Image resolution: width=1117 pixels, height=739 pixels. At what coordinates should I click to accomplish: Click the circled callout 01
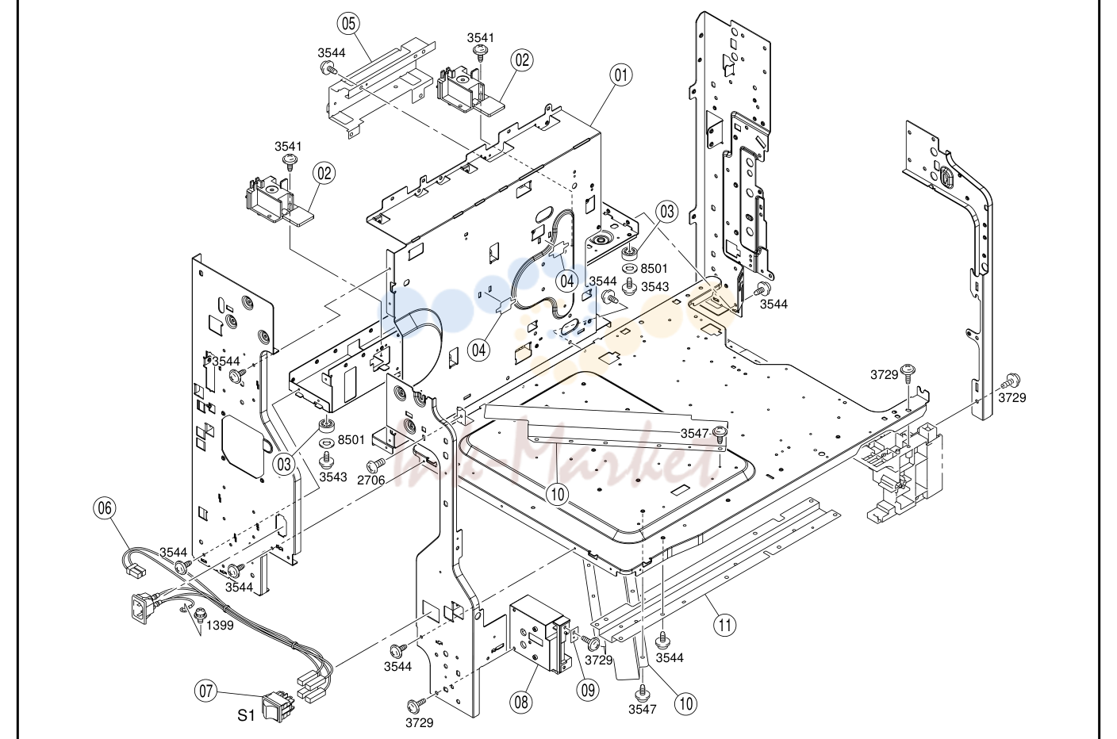point(621,75)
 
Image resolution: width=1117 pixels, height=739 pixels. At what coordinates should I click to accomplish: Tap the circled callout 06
point(105,508)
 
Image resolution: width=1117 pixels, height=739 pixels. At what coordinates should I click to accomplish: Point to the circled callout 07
point(206,691)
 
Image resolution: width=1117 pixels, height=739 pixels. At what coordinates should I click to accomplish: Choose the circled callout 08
point(521,702)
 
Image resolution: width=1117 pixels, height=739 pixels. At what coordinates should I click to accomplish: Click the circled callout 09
point(588,690)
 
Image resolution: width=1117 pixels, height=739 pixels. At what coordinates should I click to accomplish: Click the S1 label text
point(247,715)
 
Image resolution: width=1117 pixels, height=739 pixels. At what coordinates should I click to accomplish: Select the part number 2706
point(371,480)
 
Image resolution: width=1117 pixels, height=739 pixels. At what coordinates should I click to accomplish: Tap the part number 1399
point(220,625)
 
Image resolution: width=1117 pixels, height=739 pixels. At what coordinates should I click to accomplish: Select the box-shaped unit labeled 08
point(540,633)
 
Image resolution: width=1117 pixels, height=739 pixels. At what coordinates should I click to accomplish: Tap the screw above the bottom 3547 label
point(642,694)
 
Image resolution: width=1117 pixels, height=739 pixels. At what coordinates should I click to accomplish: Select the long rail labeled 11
point(716,568)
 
